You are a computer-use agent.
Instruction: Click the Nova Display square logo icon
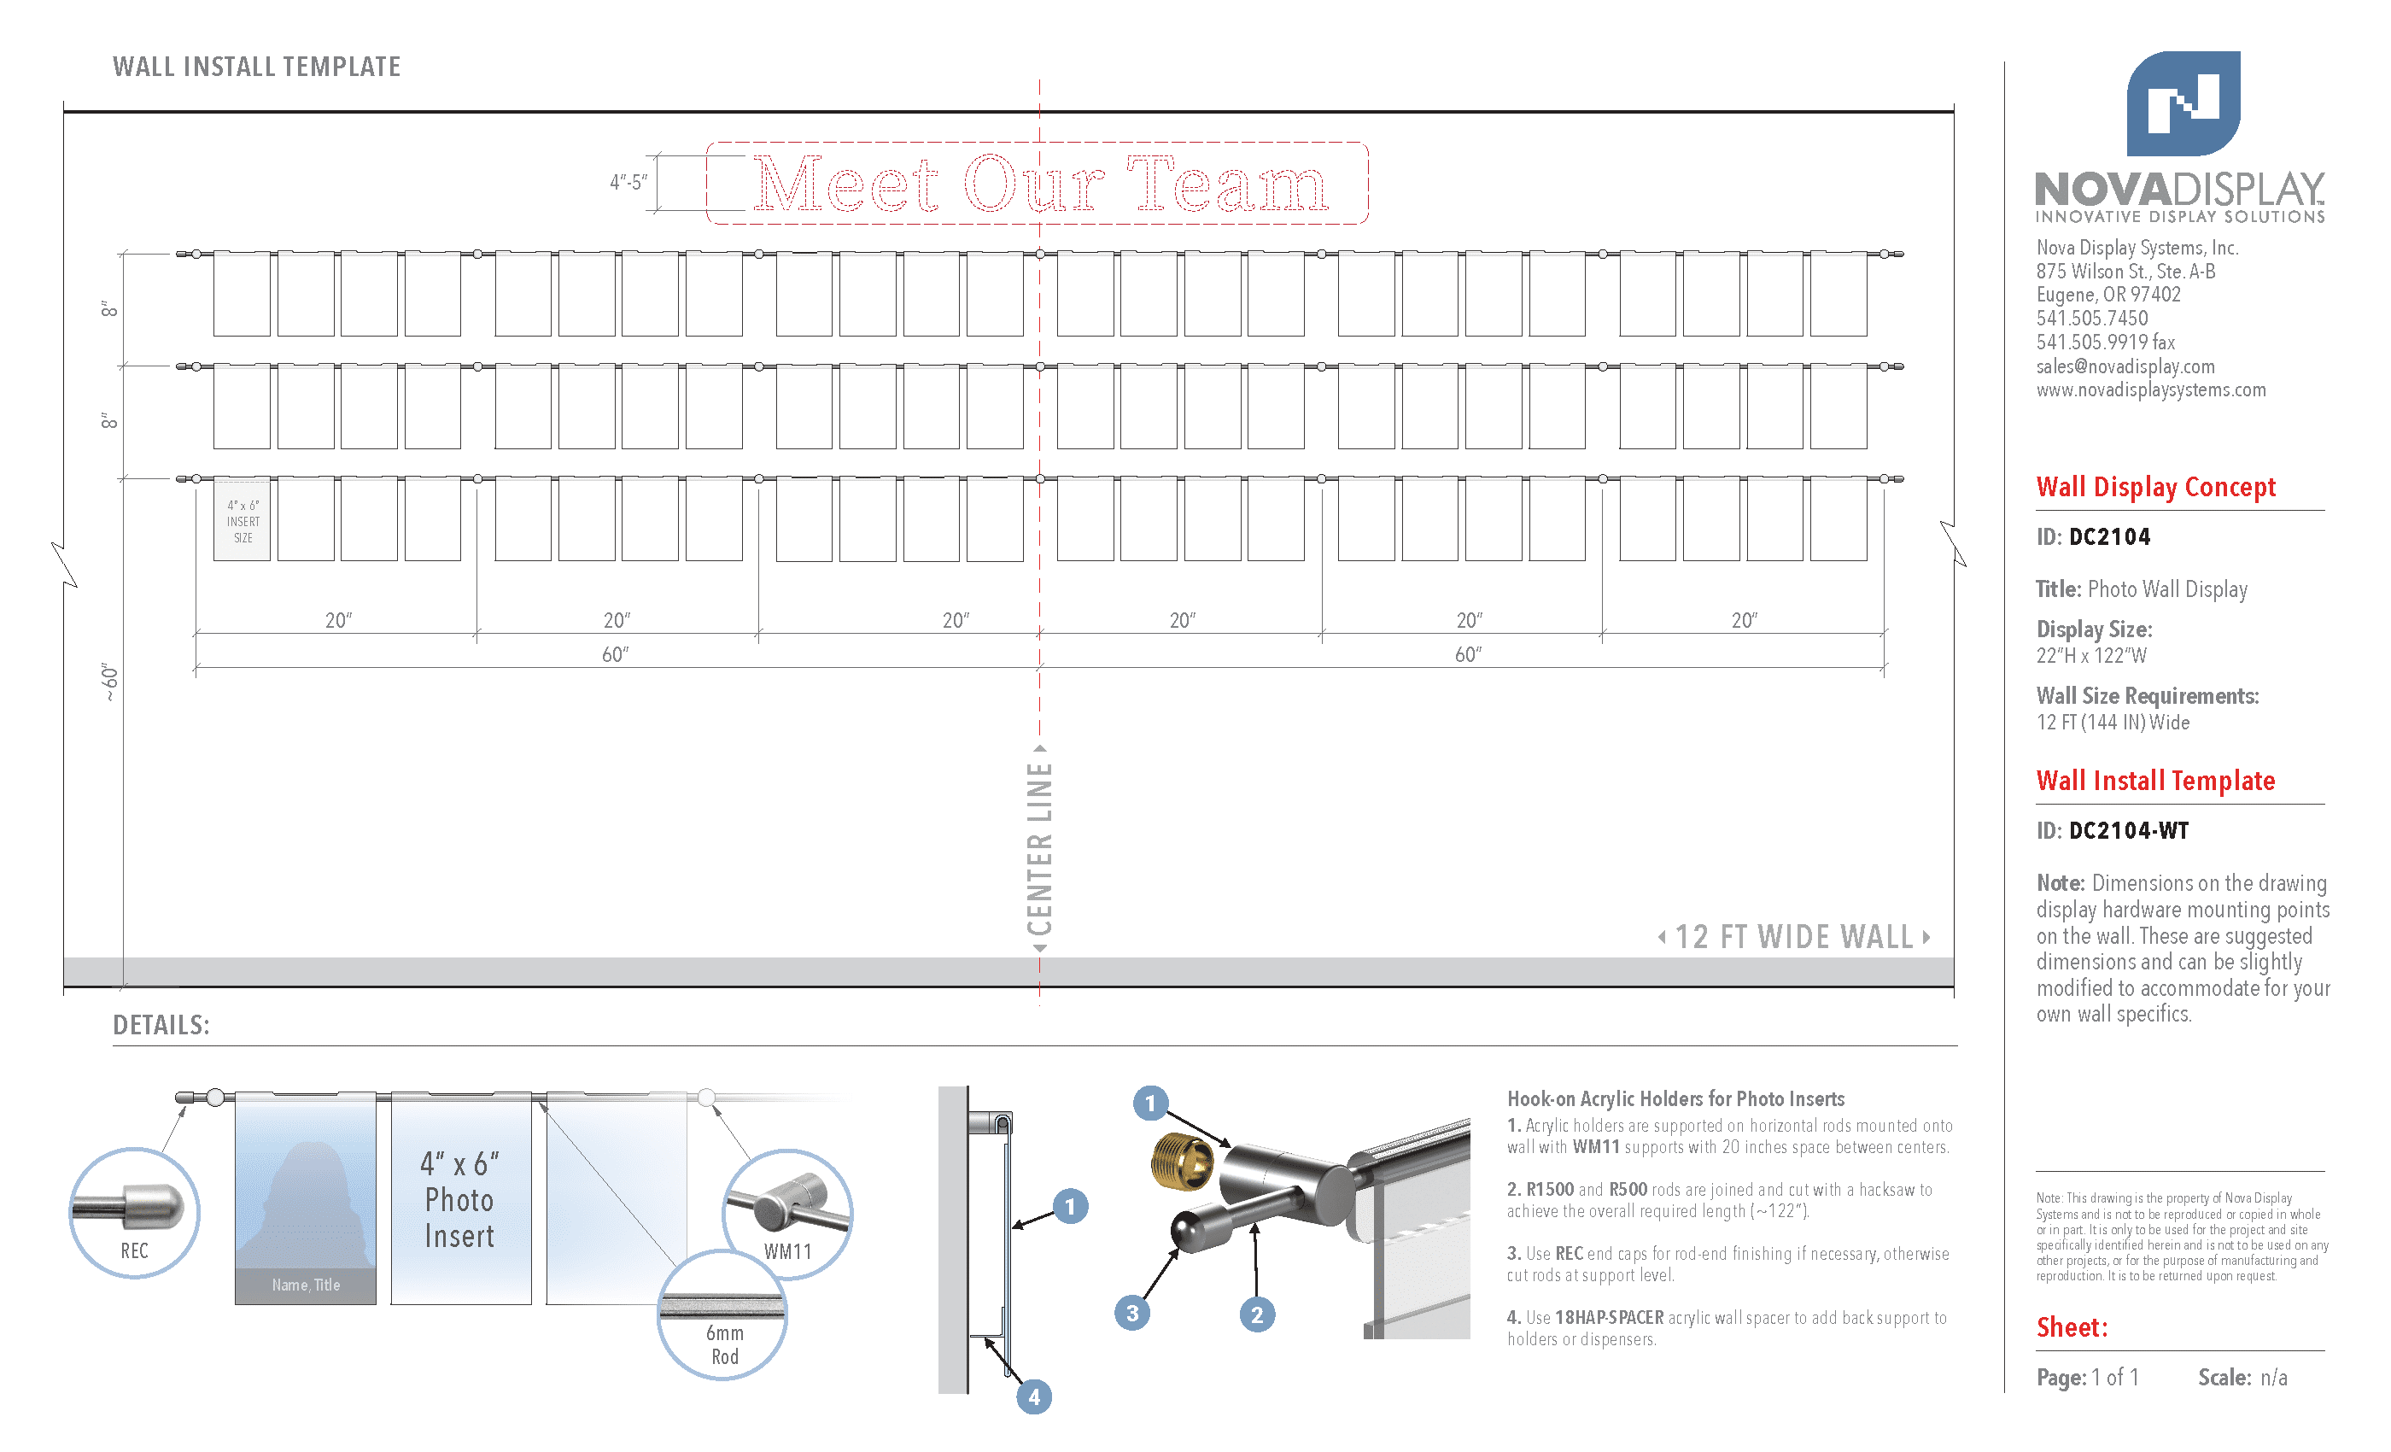(x=2183, y=102)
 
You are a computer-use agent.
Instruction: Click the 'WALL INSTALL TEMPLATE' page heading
(x=256, y=66)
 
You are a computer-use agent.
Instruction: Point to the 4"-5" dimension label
(x=628, y=181)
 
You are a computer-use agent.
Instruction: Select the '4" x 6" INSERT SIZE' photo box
(x=242, y=519)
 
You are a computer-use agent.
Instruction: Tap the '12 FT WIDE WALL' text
(x=1794, y=937)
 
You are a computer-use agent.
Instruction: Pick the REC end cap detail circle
(x=134, y=1212)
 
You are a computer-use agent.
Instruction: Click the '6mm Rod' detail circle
(x=723, y=1315)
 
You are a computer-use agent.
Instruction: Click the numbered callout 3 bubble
(x=1131, y=1314)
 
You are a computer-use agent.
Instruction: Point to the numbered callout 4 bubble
(x=1033, y=1396)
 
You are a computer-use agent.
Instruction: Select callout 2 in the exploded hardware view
(x=1257, y=1314)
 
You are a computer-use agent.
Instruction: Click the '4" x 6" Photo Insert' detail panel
(x=461, y=1198)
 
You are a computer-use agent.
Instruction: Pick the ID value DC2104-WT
(x=2129, y=831)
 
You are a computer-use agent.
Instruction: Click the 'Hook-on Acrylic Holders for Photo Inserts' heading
(x=1675, y=1098)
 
